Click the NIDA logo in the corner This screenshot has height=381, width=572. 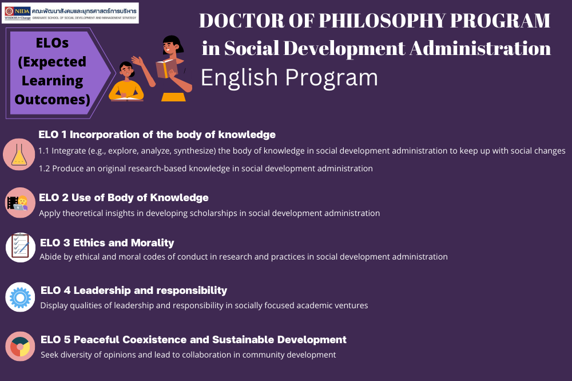coord(18,13)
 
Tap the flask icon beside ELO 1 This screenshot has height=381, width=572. coord(19,155)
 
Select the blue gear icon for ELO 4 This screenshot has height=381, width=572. coord(20,297)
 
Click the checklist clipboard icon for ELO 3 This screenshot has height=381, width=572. coord(21,248)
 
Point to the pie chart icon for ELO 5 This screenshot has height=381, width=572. coord(20,346)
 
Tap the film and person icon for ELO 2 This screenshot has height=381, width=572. coord(20,203)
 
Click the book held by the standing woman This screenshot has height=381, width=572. coord(166,68)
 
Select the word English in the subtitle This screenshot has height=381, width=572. coord(239,77)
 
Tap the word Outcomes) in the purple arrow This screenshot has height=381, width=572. coord(52,99)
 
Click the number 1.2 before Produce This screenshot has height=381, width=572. coord(44,169)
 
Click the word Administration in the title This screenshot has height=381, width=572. coord(480,49)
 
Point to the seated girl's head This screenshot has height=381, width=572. coord(126,69)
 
